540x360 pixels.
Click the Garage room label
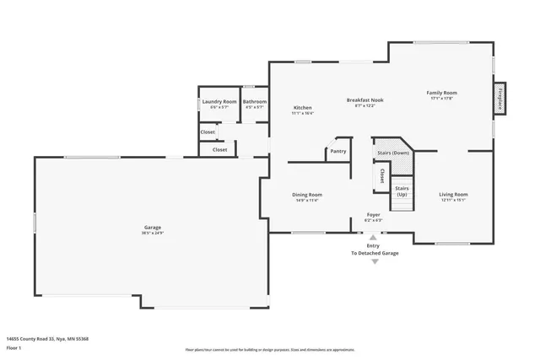point(153,228)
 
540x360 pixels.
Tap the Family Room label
point(441,93)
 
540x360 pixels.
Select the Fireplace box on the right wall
point(500,99)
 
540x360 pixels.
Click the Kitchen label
point(302,108)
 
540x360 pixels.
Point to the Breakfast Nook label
point(364,100)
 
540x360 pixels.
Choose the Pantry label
point(337,151)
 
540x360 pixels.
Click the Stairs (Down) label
point(394,153)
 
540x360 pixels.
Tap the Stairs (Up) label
point(402,191)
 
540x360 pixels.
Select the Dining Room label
point(307,195)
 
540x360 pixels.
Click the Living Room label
point(453,195)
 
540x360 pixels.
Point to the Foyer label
point(372,214)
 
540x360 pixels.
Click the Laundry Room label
point(219,101)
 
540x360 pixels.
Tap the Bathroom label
point(254,101)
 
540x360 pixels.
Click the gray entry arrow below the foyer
point(375,262)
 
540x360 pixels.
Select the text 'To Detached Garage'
point(375,253)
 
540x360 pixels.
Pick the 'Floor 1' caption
point(13,347)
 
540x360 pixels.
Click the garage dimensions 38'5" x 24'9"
point(153,233)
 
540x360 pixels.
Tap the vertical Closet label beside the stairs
point(381,176)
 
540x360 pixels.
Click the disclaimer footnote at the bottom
point(269,349)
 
